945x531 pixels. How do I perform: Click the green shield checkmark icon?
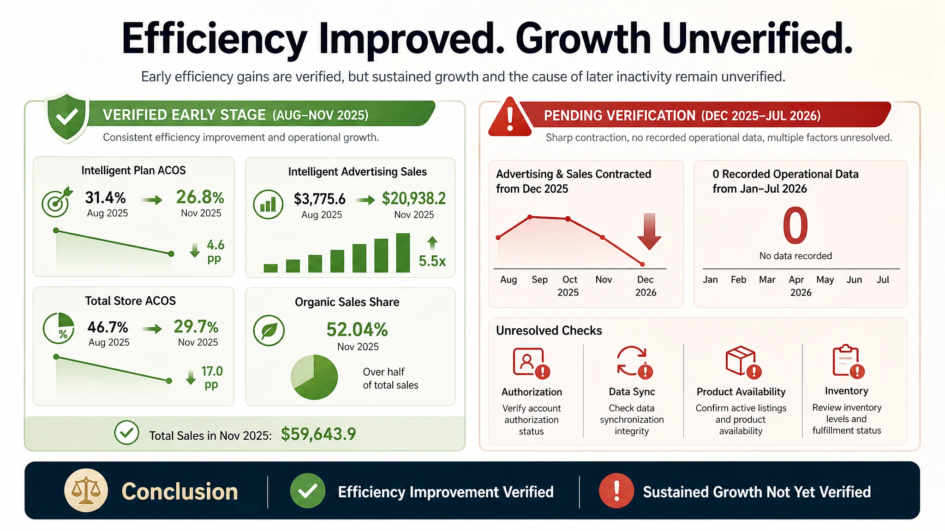coord(67,117)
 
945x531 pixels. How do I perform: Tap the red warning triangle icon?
coord(510,118)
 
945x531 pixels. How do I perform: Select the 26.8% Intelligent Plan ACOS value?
coord(200,197)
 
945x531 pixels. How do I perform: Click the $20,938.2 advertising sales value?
coord(414,199)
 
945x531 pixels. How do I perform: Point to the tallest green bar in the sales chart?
coord(403,253)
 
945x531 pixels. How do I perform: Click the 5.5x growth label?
coord(432,261)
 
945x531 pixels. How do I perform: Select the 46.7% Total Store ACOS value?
coord(108,327)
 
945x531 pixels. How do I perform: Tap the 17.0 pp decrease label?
coord(212,378)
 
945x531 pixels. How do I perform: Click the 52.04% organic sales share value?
coord(357,330)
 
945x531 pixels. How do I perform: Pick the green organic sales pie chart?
coord(314,377)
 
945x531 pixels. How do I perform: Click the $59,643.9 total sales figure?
coord(318,434)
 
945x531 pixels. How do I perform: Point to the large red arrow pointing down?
coord(649,231)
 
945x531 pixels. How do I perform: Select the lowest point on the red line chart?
coord(642,264)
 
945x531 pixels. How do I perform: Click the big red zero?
coord(795,225)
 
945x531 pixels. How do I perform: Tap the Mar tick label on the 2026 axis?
coord(767,280)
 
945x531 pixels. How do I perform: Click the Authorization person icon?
coord(531,363)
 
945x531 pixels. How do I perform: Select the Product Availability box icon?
coord(742,362)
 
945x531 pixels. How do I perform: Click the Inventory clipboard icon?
coord(848,361)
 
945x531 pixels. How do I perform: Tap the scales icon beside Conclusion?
coord(86,491)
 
